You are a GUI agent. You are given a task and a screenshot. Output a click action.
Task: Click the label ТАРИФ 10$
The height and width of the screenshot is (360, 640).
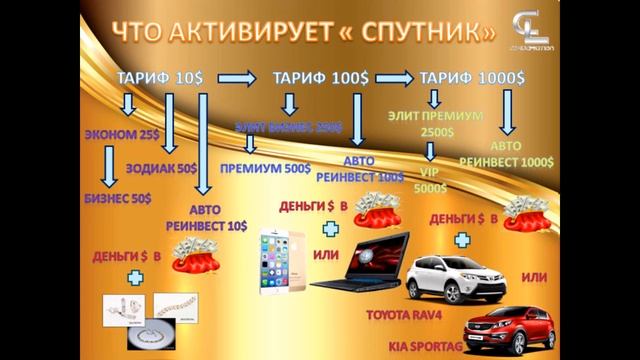[160, 77]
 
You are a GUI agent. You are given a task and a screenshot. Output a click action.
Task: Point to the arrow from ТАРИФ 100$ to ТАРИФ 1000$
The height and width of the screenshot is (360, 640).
[392, 77]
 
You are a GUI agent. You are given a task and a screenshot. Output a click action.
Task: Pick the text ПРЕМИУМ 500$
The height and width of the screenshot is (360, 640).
[265, 168]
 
